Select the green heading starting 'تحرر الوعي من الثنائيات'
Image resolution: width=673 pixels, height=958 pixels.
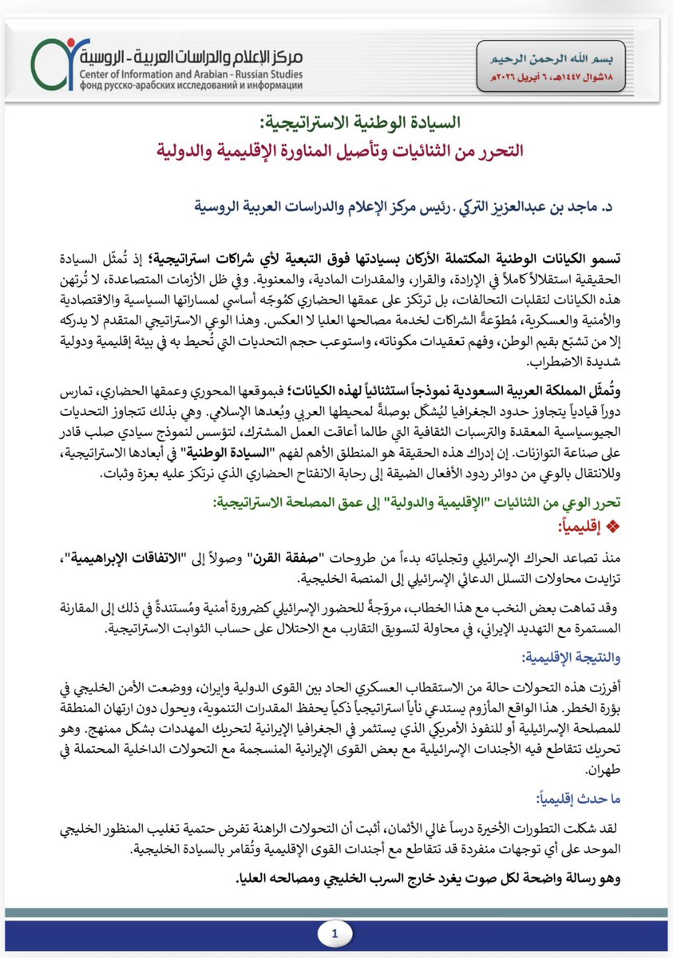tap(431, 504)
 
